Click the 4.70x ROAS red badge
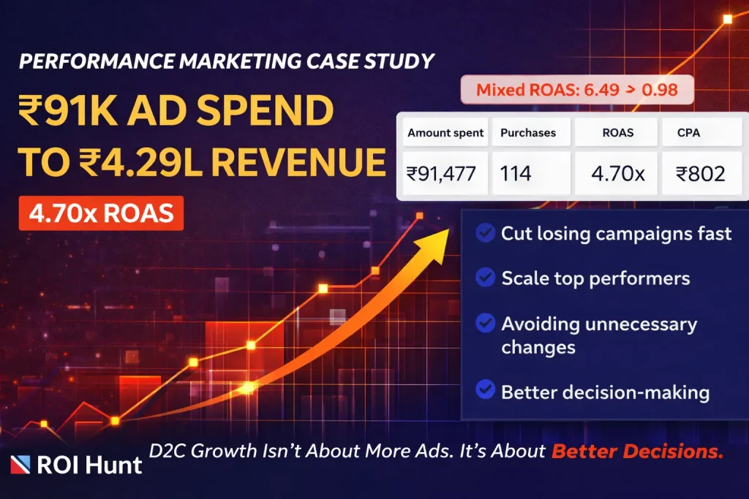click(102, 213)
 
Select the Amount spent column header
click(445, 133)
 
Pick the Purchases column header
click(528, 133)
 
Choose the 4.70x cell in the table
click(616, 174)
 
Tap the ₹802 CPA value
click(700, 174)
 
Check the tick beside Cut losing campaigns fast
click(484, 233)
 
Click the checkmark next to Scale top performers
click(484, 278)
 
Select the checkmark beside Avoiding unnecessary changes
click(484, 323)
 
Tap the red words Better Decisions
click(636, 452)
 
